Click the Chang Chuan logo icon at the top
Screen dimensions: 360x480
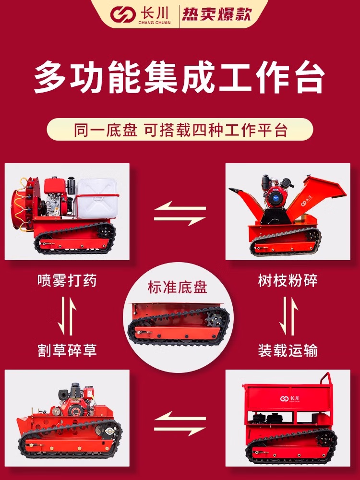123,15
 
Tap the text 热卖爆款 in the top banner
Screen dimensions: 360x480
217,14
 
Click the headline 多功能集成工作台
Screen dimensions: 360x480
180,77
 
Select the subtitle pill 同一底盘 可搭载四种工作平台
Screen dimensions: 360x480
180,130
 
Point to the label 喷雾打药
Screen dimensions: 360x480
67,280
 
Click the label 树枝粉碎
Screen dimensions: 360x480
288,280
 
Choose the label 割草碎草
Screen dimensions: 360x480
67,350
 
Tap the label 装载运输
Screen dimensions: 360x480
288,350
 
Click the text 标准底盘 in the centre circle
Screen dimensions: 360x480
178,287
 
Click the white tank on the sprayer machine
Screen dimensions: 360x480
97,198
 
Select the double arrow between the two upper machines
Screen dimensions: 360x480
180,214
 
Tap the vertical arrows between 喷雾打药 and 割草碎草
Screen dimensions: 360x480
67,316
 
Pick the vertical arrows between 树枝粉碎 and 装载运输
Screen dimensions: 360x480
288,316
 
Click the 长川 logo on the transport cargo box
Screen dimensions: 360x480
289,398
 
